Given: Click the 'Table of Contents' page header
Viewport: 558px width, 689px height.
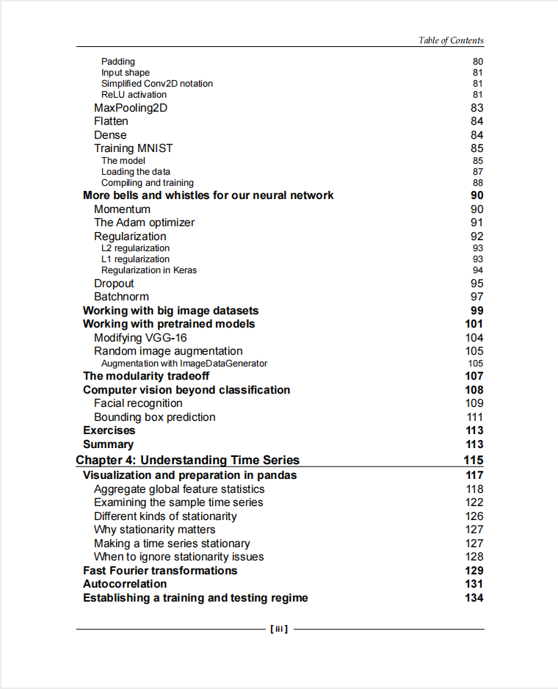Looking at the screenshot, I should coord(451,40).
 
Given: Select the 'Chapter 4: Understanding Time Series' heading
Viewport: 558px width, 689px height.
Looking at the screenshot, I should coord(188,461).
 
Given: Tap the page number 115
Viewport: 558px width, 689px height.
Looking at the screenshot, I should coord(474,461).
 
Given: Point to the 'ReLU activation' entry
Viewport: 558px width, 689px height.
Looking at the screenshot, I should coord(134,95).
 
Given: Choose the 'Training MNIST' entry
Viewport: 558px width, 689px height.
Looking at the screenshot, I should coord(134,148).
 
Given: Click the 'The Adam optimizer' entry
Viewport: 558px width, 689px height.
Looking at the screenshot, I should coord(144,223).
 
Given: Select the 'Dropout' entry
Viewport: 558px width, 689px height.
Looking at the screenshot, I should coord(114,284).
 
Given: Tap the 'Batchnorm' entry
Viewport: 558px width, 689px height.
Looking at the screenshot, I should coord(121,297).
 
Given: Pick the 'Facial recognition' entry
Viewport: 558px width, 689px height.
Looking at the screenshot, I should coord(138,403).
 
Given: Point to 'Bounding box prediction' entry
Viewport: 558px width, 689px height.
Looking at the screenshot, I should coord(154,417).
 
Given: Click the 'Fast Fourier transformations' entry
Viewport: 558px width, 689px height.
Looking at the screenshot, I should coord(160,571).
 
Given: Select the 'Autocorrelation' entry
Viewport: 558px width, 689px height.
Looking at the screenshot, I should coord(125,584).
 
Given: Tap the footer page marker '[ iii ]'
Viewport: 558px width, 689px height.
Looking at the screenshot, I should coord(279,629).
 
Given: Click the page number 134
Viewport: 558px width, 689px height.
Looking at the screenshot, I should coord(474,598).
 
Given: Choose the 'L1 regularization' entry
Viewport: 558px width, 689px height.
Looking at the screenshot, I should coord(135,259).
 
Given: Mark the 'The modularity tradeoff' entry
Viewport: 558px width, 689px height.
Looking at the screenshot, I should coord(146,376).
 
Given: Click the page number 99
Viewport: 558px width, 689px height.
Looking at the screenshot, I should coord(477,311).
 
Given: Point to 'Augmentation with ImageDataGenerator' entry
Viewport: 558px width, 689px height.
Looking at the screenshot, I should coord(184,364).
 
